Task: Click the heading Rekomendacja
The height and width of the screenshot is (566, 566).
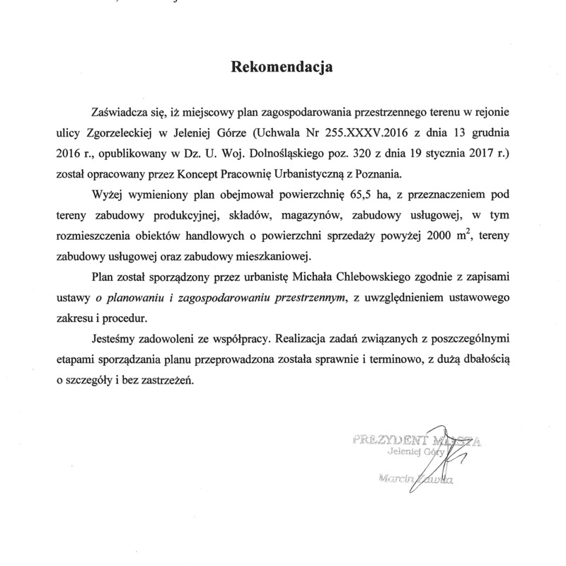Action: pyautogui.click(x=282, y=69)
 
